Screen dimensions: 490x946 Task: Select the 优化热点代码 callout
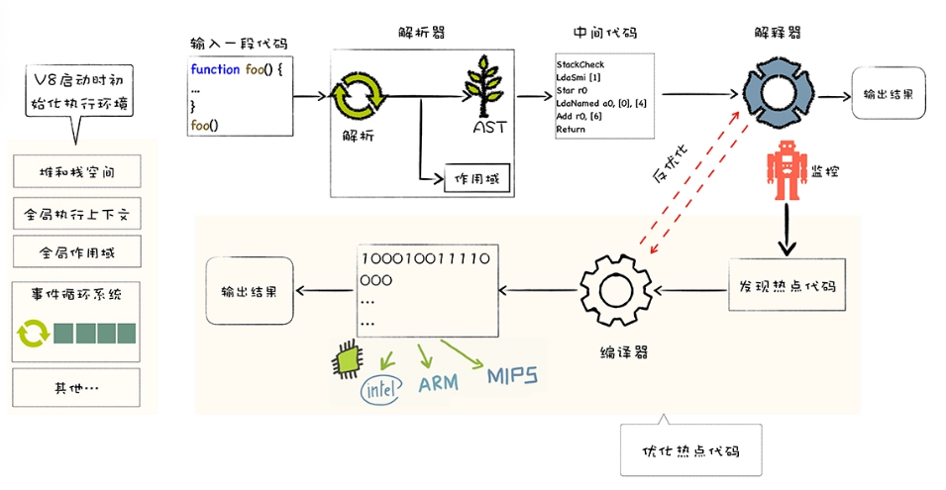point(690,450)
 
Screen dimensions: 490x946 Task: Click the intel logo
point(381,389)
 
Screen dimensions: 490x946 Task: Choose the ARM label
point(439,383)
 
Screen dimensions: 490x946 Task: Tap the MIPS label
point(511,376)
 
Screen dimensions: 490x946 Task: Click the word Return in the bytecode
point(571,129)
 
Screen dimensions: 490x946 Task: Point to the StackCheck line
point(580,64)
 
